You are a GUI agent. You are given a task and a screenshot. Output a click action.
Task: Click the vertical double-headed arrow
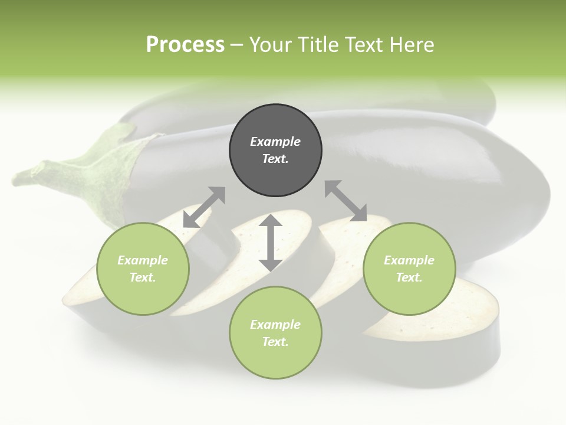271,243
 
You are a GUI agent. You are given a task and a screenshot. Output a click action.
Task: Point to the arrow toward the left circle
204,207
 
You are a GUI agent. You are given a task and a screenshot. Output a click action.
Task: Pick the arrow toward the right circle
345,201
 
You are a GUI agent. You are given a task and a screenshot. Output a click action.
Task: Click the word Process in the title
185,44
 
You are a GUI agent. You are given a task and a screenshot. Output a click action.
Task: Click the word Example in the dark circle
275,142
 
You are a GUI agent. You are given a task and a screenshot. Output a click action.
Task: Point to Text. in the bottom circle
275,342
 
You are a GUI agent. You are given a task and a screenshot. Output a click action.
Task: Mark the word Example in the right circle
409,260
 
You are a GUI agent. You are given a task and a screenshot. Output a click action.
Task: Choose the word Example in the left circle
143,260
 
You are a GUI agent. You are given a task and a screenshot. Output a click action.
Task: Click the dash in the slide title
236,44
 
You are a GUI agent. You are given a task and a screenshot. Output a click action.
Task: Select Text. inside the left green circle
143,277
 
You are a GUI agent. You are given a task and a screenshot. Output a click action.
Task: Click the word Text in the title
364,44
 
